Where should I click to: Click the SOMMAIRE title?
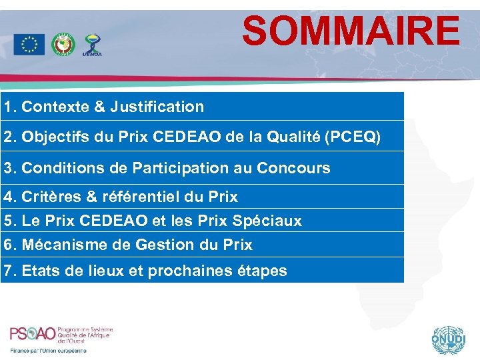tap(351, 31)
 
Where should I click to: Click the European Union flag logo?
tap(29, 44)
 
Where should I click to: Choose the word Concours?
tap(299, 168)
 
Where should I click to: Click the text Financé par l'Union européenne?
tap(48, 351)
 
